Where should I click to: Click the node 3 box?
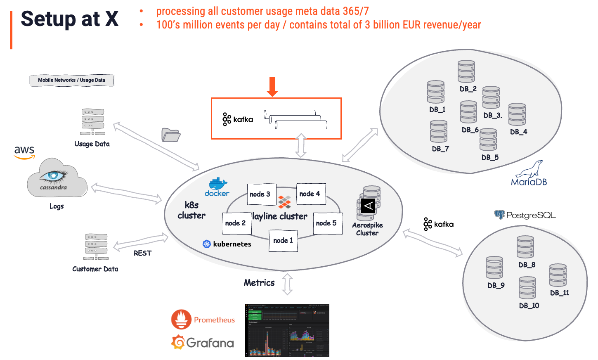tap(260, 194)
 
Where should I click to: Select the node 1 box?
tap(283, 240)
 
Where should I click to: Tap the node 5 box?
tap(327, 223)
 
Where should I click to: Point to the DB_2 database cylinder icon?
tap(466, 71)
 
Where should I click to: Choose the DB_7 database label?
tap(440, 149)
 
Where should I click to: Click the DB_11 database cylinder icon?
tap(558, 275)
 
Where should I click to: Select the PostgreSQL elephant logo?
tap(500, 215)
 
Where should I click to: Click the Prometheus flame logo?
tap(181, 319)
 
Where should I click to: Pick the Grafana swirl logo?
tap(178, 342)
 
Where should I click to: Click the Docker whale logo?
tap(217, 184)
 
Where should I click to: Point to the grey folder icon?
tap(171, 135)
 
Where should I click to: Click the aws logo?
tap(24, 152)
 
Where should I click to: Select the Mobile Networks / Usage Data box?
tap(72, 80)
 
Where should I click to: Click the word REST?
tap(142, 253)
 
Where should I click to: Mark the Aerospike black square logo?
tap(368, 205)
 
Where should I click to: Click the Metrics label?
tap(259, 283)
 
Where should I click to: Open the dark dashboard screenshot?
tap(287, 330)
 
